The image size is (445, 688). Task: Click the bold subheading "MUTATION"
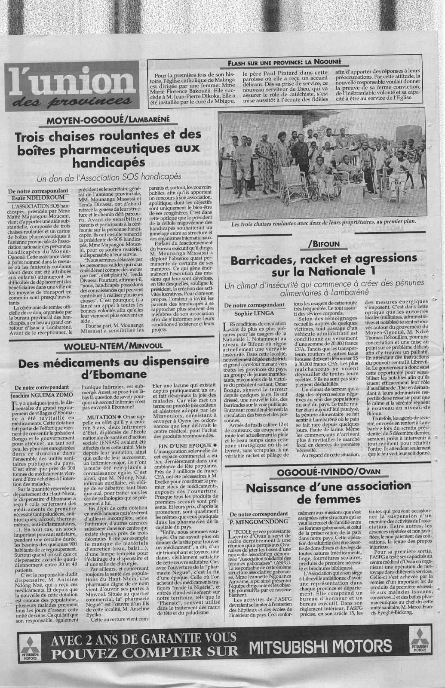pos(101,417)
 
